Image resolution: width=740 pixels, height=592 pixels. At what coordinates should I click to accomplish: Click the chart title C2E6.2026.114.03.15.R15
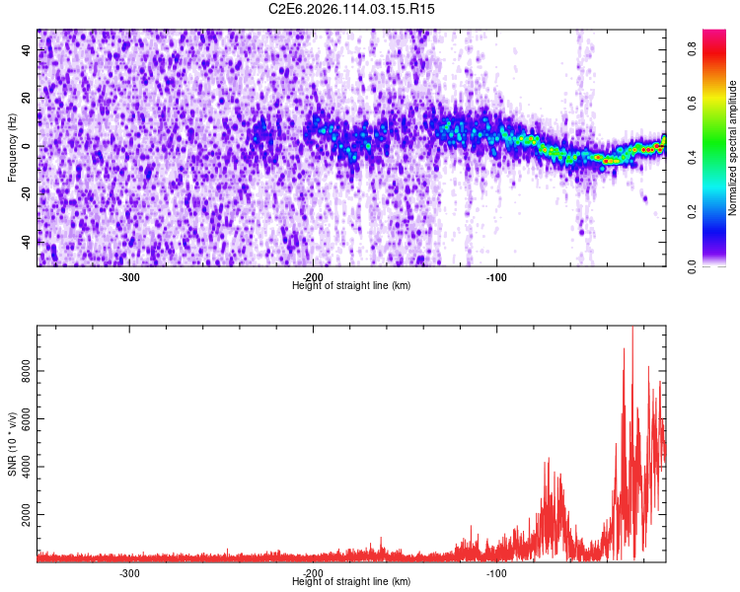click(352, 9)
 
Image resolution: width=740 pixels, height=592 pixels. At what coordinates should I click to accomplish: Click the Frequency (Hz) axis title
click(13, 147)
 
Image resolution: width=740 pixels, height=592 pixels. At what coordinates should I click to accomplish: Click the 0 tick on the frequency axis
click(29, 146)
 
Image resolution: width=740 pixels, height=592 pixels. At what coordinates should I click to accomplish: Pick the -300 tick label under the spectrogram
click(129, 277)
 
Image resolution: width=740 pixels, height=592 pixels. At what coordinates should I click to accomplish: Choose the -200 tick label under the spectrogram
click(313, 277)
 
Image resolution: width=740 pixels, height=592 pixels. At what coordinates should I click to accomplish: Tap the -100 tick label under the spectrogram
click(496, 277)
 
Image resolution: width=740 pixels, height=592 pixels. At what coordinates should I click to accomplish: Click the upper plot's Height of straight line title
click(352, 286)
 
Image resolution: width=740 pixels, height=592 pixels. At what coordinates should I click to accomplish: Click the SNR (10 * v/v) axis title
click(13, 444)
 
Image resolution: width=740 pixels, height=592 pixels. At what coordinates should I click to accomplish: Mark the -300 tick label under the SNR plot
click(129, 573)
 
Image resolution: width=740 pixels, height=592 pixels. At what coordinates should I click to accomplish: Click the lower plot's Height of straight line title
click(352, 582)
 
